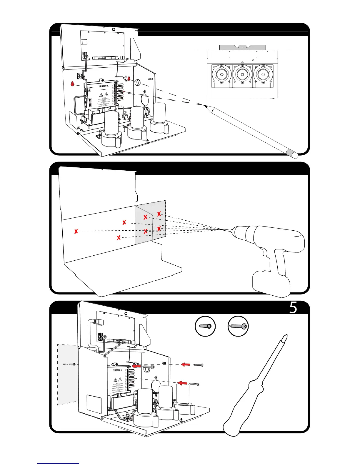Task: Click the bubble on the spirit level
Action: coord(243,46)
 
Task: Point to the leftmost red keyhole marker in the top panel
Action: coord(72,84)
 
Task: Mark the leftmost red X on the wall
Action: coord(76,231)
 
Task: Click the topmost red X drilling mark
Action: coord(159,214)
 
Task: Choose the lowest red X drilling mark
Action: coord(119,237)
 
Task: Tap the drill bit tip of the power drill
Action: coord(223,229)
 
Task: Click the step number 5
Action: coord(293,308)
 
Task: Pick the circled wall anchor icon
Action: coord(205,326)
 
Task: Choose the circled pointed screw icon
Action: coord(238,326)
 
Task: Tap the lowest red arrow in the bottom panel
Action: coord(183,383)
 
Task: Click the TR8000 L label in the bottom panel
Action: coord(118,370)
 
